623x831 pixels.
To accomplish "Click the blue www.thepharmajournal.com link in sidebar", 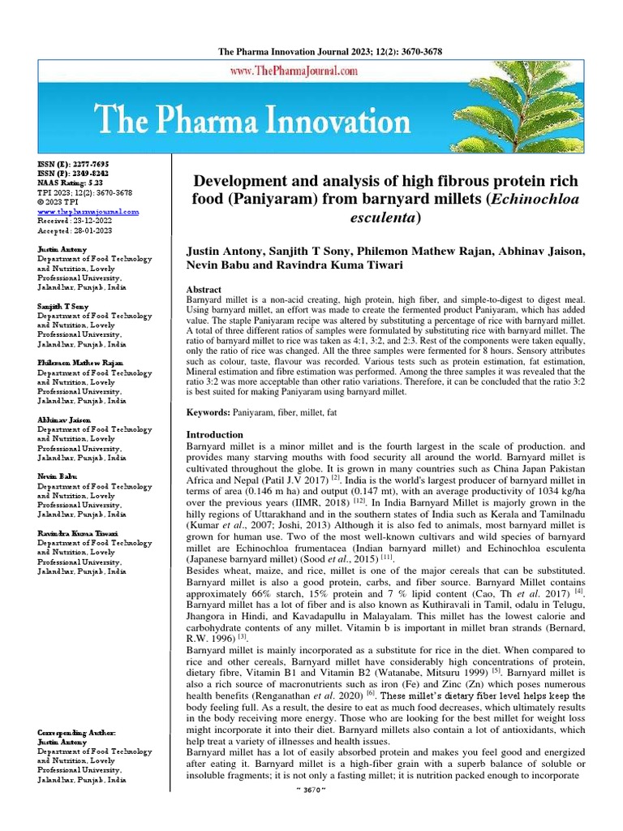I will [x=88, y=211].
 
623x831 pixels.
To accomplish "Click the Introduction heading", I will [x=215, y=435].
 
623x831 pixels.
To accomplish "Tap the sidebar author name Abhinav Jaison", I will [x=64, y=420].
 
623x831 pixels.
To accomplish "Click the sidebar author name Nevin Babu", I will [x=59, y=476].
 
